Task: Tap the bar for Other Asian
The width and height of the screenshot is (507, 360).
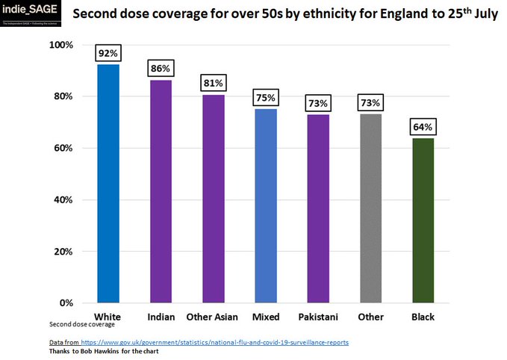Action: (213, 198)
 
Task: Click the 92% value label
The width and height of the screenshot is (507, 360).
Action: (108, 54)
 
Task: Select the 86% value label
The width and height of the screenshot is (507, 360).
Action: (161, 69)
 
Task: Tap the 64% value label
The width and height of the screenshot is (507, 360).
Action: (423, 127)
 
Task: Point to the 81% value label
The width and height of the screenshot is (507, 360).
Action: (213, 83)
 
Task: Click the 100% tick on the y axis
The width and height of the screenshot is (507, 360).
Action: (61, 45)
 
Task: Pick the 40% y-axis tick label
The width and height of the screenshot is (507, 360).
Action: (63, 199)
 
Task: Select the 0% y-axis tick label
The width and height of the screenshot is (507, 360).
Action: (66, 303)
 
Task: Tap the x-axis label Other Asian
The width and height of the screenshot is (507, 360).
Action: (213, 317)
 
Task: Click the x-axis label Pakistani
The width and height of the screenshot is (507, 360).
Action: (318, 317)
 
